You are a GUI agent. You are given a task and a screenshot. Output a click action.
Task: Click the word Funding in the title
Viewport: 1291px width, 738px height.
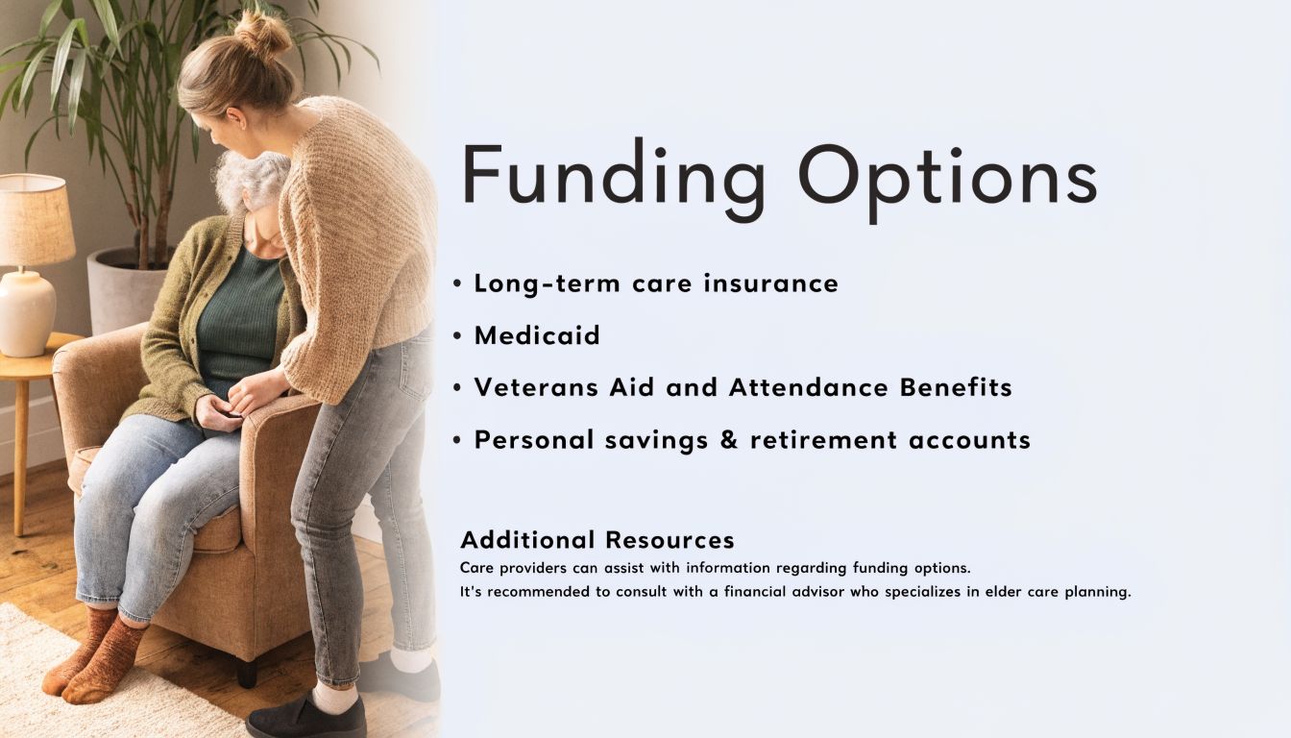[615, 180]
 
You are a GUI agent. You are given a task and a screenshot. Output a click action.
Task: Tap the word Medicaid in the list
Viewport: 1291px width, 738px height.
[537, 335]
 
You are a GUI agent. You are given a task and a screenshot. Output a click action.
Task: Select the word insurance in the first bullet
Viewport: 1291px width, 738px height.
[771, 283]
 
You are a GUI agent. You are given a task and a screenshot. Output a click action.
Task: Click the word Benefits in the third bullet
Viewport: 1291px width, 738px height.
[956, 387]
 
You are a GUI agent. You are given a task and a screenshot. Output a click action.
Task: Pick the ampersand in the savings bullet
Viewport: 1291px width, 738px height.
[729, 440]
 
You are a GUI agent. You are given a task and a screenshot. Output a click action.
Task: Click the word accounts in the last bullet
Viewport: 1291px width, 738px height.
[970, 440]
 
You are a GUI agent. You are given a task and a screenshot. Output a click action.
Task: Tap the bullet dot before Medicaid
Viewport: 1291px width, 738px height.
[457, 336]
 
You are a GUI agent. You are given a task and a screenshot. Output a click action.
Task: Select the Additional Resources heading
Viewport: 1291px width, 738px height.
[597, 540]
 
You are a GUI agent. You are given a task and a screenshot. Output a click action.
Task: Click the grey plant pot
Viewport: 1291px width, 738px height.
[125, 290]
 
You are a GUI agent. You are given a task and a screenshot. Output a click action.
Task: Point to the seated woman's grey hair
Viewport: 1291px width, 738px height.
[253, 181]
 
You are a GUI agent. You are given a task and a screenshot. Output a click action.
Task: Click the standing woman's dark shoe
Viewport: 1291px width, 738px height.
[306, 719]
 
